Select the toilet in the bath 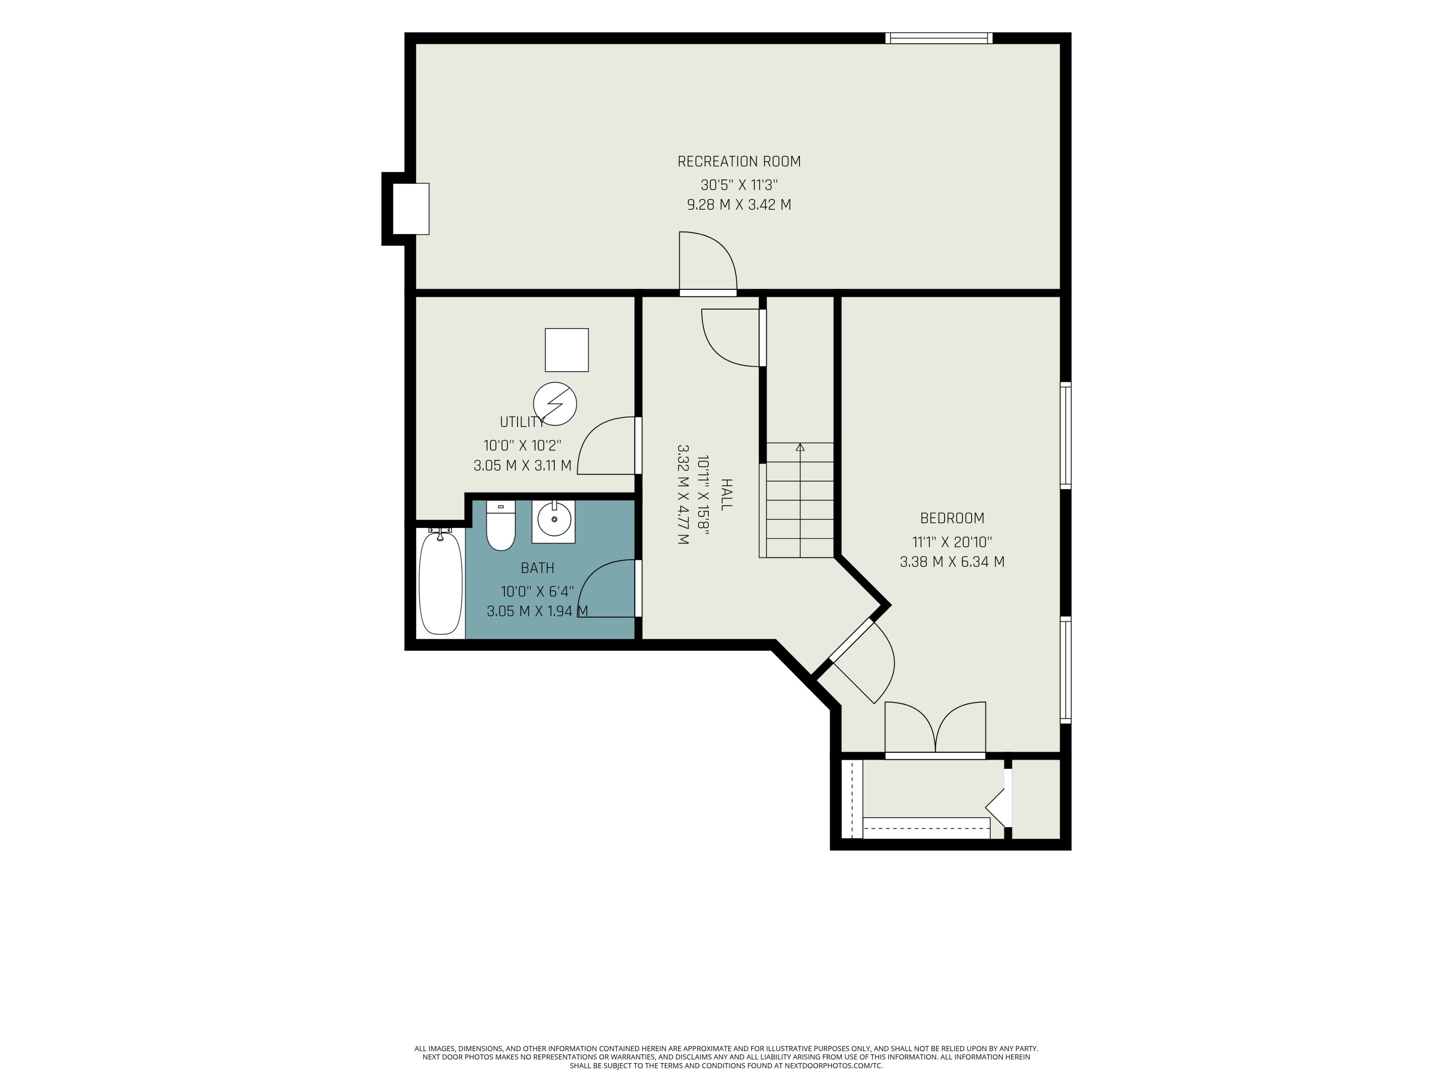pos(501,526)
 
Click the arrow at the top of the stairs pos(800,447)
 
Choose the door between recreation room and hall pos(708,263)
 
